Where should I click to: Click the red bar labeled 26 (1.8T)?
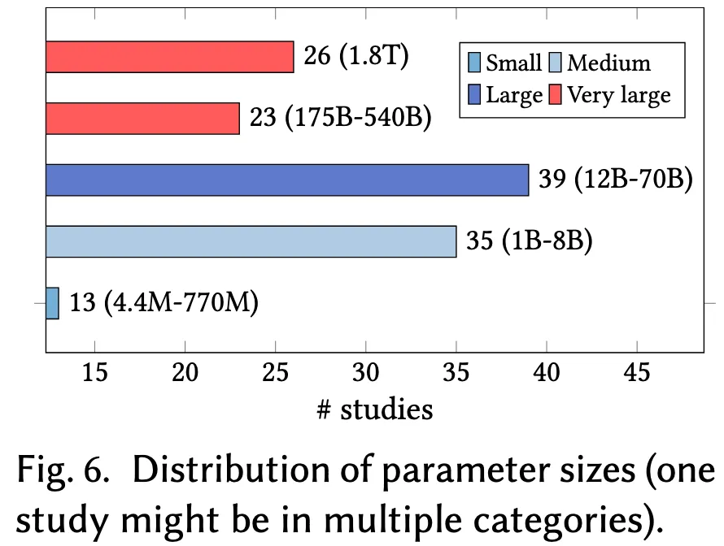(x=169, y=57)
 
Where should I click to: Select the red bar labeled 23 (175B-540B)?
(x=142, y=119)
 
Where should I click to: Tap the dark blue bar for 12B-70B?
(x=286, y=180)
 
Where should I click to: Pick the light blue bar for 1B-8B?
(x=251, y=241)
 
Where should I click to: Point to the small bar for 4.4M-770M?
(x=52, y=303)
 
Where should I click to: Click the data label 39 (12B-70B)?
(x=615, y=180)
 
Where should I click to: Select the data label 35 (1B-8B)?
(x=529, y=241)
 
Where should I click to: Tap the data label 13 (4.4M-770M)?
(x=164, y=304)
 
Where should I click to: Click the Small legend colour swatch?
(x=474, y=63)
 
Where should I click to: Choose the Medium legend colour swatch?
(x=556, y=63)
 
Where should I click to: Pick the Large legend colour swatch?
(x=474, y=95)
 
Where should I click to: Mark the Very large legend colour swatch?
(x=556, y=95)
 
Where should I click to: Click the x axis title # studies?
(x=374, y=409)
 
